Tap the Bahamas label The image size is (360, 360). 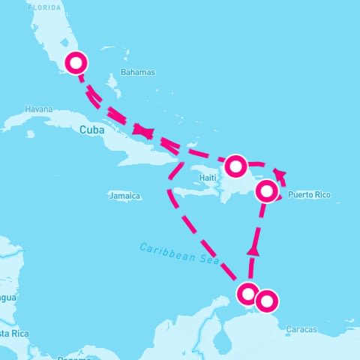point(136,73)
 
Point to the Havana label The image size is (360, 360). point(38,109)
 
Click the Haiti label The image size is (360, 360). point(208,178)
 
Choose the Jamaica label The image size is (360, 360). point(124,196)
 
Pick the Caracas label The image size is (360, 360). point(301,329)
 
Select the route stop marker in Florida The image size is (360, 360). point(76,63)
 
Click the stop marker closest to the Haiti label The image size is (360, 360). point(235,164)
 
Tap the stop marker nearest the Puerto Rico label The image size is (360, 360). point(267,191)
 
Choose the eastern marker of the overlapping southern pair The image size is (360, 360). point(266,301)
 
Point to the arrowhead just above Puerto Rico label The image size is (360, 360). point(280,176)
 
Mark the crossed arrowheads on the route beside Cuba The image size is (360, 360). point(144,133)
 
